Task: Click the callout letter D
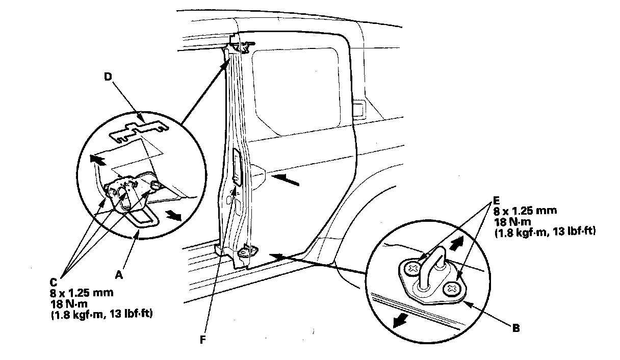108,76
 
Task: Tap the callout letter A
119,275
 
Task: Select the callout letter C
54,282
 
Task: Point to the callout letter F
203,340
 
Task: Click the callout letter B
516,328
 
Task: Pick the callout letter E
496,200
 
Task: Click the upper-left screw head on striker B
412,268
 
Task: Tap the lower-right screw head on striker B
451,289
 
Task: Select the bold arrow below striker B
400,321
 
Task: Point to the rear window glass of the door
296,91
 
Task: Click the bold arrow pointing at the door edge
285,180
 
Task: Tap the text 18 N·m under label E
513,221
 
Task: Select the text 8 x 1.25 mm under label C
82,293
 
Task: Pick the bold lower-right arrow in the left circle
173,215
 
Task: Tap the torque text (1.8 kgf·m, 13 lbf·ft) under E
545,232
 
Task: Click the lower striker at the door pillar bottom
247,252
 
